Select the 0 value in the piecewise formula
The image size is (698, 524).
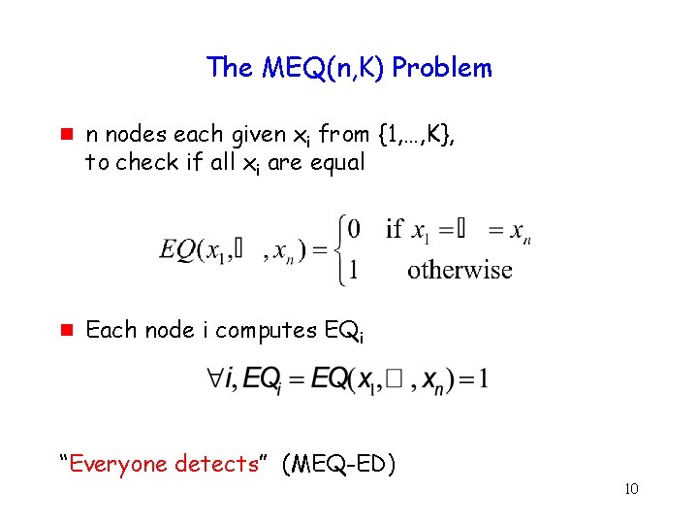point(354,229)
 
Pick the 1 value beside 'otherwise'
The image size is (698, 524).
point(354,270)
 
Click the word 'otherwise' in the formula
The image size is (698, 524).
point(460,270)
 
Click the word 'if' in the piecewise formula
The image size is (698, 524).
point(395,229)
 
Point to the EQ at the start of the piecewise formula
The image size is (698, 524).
point(177,249)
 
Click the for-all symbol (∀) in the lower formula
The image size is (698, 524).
point(214,377)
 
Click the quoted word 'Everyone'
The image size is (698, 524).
point(116,464)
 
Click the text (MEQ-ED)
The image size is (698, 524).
point(338,464)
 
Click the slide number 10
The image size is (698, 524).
point(631,488)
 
